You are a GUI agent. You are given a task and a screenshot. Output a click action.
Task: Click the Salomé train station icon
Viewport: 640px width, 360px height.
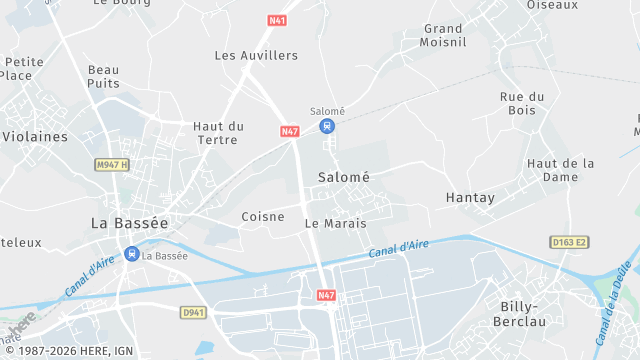click(326, 126)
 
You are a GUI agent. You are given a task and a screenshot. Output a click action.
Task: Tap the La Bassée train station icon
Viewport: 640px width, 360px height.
click(132, 254)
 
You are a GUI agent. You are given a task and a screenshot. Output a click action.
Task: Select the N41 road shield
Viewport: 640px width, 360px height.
click(277, 19)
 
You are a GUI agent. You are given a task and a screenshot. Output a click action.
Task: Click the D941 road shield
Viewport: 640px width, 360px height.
click(194, 312)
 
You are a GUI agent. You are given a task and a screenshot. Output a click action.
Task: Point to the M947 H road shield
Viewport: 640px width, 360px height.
click(113, 164)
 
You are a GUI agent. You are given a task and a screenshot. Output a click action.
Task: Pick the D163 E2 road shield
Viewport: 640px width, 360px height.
click(569, 242)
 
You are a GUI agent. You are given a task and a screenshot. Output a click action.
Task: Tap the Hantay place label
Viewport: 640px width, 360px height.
click(470, 198)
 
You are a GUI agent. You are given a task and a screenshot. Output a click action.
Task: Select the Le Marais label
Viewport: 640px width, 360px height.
click(335, 223)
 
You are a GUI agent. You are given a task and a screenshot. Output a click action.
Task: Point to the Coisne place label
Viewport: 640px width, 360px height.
click(264, 216)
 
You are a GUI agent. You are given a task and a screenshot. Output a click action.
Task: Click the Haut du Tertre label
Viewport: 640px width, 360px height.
click(218, 132)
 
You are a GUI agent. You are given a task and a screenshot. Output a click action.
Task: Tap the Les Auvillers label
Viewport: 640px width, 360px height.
click(256, 55)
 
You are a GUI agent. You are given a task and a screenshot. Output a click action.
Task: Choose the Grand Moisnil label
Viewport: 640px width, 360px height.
click(443, 35)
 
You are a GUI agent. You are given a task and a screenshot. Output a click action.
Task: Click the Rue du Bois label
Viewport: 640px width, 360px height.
click(522, 103)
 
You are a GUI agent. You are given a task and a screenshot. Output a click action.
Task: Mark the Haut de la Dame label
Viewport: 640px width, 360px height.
click(561, 170)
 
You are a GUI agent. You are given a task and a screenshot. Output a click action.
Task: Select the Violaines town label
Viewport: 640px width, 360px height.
click(35, 136)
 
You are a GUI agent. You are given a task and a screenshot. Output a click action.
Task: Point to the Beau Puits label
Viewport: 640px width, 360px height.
click(104, 77)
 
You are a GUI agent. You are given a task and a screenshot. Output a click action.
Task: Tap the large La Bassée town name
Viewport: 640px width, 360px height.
click(129, 222)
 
